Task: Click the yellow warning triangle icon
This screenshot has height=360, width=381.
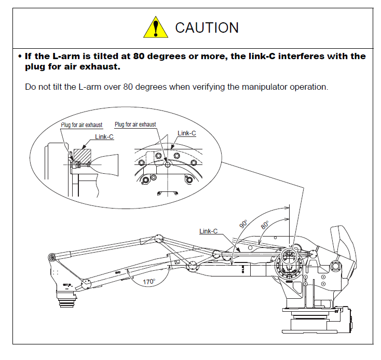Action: pyautogui.click(x=155, y=27)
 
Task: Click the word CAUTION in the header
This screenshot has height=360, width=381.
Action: pyautogui.click(x=207, y=27)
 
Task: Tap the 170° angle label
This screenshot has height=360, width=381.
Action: pyautogui.click(x=149, y=282)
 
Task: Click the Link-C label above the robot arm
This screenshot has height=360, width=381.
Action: pyautogui.click(x=208, y=231)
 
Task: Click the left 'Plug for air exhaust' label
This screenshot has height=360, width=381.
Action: pyautogui.click(x=81, y=125)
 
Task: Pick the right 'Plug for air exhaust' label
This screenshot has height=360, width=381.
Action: pyautogui.click(x=135, y=124)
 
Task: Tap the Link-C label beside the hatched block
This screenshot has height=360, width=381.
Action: pyautogui.click(x=104, y=137)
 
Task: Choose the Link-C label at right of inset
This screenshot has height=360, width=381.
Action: pyautogui.click(x=186, y=133)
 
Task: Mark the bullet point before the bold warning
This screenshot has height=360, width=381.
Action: pyautogui.click(x=19, y=56)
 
